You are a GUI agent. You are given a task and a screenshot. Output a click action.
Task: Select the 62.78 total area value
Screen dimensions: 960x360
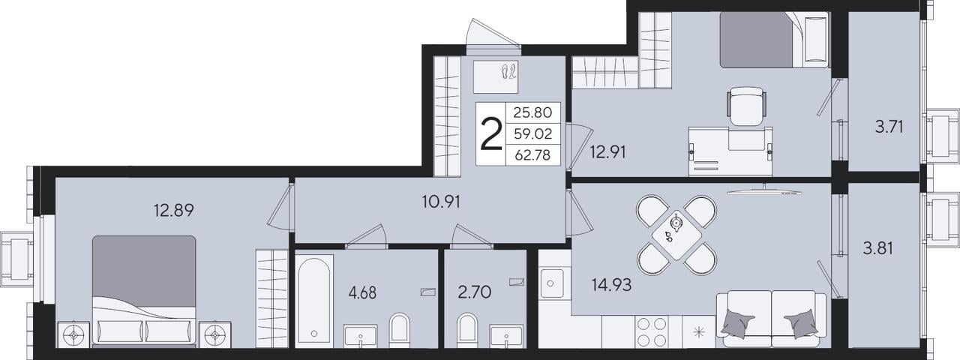532,154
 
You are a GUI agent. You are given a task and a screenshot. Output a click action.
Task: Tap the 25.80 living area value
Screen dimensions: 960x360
532,112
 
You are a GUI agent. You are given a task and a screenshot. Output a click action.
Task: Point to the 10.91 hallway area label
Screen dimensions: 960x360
441,202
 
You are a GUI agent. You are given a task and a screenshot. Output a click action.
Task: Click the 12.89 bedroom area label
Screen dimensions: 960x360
173,210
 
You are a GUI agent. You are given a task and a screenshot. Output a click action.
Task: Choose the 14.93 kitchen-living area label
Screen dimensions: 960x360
611,284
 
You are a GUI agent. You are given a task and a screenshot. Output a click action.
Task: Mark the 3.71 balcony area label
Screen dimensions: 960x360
889,127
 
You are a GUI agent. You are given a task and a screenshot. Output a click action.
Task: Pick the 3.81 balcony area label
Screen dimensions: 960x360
877,248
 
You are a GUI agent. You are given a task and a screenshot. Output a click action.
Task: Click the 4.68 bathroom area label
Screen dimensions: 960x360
362,293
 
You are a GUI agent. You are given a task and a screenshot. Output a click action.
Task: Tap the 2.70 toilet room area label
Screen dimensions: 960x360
475,292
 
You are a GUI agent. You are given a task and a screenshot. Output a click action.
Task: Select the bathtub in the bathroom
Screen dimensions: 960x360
314,299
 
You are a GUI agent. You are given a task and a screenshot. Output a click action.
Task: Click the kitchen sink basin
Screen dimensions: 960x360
551,283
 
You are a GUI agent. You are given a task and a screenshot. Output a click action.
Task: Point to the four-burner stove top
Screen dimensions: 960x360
652,331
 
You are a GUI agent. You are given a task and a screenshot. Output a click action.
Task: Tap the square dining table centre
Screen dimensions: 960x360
676,235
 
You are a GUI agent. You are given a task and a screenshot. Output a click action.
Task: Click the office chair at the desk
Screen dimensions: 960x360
746,106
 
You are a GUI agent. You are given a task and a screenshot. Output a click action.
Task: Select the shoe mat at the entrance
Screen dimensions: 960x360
496,76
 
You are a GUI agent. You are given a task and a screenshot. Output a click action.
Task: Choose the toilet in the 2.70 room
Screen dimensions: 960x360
466,331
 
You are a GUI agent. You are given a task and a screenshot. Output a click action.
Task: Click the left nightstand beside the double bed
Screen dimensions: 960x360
73,334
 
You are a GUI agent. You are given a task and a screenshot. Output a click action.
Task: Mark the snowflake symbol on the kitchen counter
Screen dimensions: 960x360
699,331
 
